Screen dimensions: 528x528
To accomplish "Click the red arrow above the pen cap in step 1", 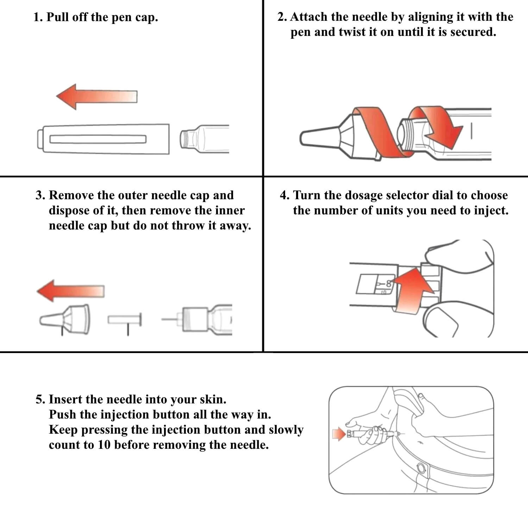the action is tap(97, 97).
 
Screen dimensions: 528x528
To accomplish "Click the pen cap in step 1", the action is tap(103, 139).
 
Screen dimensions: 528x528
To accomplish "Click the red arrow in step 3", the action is tap(70, 291).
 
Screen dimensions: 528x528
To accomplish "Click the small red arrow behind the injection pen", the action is tap(339, 434).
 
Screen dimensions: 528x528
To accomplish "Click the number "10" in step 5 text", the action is tap(104, 445).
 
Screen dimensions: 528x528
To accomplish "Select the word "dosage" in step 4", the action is tap(363, 196).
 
